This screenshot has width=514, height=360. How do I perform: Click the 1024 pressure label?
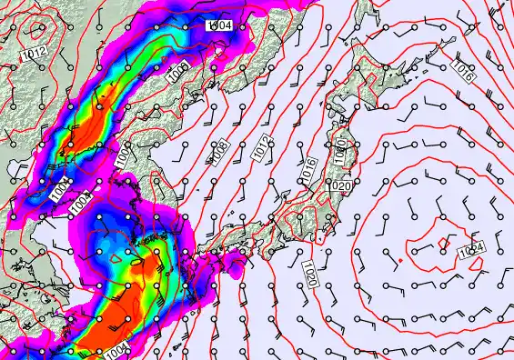(x=470, y=249)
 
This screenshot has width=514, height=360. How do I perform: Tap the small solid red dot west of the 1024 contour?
(x=400, y=261)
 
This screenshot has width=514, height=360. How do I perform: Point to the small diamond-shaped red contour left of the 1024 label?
(x=444, y=242)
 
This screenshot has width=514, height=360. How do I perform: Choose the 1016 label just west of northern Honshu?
(x=308, y=167)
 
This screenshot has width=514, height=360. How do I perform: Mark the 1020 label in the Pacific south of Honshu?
(x=309, y=271)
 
